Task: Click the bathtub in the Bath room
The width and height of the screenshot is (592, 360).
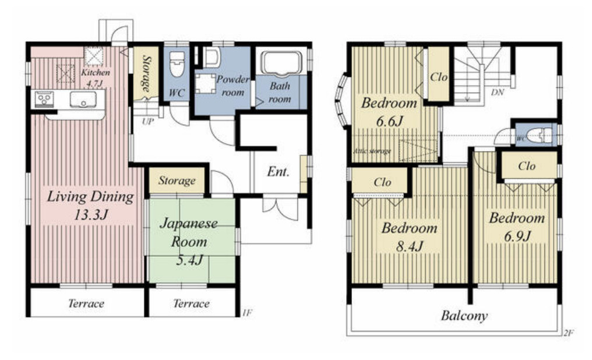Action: (x=282, y=62)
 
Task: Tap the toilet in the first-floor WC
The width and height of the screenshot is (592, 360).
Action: (x=177, y=64)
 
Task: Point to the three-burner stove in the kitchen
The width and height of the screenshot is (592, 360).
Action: (x=44, y=100)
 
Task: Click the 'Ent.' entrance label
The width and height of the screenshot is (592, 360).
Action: (x=279, y=172)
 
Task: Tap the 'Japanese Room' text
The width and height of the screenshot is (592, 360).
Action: (x=189, y=232)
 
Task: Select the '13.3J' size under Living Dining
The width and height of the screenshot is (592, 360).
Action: (x=91, y=215)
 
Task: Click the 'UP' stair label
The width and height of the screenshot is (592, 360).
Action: (x=148, y=122)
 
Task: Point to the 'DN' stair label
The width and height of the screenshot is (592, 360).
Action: (x=498, y=92)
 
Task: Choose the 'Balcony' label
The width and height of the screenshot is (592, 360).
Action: (x=464, y=316)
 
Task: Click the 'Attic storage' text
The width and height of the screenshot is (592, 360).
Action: (x=372, y=151)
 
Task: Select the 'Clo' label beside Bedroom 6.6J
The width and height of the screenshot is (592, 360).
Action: (x=439, y=77)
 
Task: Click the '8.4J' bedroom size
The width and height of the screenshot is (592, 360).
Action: (x=410, y=246)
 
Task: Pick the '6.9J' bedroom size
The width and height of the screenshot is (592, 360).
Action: (x=517, y=237)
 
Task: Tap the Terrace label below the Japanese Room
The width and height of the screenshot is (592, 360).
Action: (x=191, y=303)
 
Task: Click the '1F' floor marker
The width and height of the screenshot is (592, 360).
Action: (x=247, y=312)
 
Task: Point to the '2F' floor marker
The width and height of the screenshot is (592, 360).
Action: (x=569, y=333)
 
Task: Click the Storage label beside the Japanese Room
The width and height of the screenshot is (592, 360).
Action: (x=177, y=181)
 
